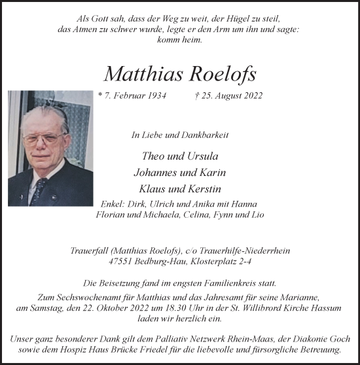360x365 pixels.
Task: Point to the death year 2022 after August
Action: [251, 96]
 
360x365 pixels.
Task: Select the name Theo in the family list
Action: [152, 156]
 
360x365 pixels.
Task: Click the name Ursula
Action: [202, 156]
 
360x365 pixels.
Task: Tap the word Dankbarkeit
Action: [204, 135]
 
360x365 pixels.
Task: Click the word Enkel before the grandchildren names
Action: [114, 203]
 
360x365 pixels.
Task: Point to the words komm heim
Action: [180, 40]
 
